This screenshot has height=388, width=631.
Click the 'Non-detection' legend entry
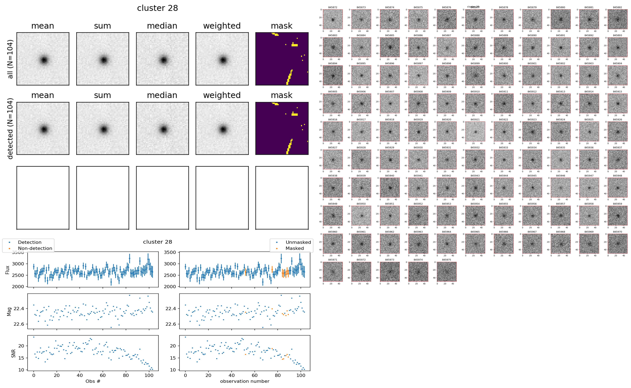(35, 248)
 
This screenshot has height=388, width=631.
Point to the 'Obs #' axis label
(93, 381)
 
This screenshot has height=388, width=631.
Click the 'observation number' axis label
(245, 381)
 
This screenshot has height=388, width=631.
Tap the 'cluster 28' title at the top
(157, 8)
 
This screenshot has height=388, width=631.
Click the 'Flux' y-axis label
(7, 270)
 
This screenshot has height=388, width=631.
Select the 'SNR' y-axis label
(13, 353)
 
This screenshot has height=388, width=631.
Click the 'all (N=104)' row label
(10, 59)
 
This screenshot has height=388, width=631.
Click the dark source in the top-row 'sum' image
(103, 60)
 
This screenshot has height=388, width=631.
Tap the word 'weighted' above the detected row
(222, 95)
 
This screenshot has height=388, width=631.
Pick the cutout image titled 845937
(617, 159)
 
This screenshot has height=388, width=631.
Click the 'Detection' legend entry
(30, 242)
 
